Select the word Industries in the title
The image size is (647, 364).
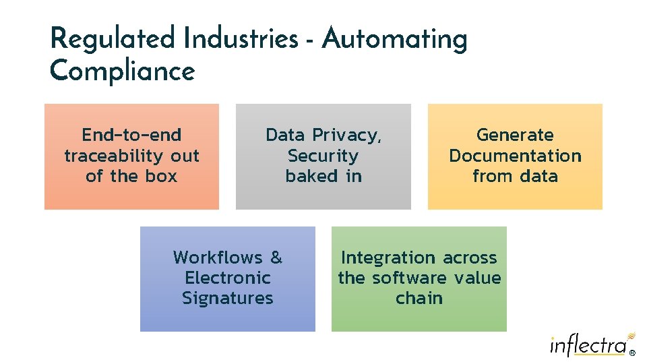[x=241, y=39]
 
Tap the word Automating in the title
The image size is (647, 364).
[x=394, y=39]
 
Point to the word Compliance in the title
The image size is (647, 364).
[x=122, y=71]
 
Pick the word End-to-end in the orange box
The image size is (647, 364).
[x=131, y=135]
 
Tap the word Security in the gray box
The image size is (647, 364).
[x=323, y=156]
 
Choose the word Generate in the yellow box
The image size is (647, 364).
[x=515, y=135]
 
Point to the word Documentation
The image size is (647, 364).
[x=515, y=156]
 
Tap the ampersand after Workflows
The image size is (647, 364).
[x=276, y=257]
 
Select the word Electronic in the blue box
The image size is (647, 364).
[x=227, y=278]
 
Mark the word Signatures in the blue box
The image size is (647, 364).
[x=227, y=299]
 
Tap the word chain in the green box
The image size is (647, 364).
[x=419, y=299]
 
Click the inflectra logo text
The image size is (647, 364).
[x=588, y=346]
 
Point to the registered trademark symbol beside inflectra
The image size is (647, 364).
[x=631, y=352]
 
